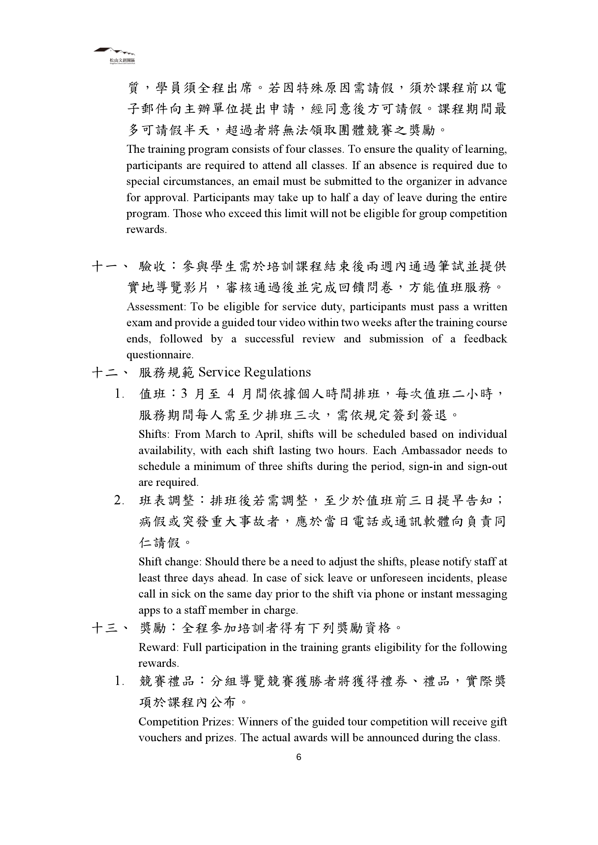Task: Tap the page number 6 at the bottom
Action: pyautogui.click(x=299, y=757)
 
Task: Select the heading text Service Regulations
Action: pyautogui.click(x=255, y=372)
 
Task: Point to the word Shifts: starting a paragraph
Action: pyautogui.click(x=154, y=434)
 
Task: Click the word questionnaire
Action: pyautogui.click(x=160, y=355)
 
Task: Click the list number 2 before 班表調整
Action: pyautogui.click(x=118, y=500)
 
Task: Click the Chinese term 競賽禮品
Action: pyautogui.click(x=166, y=681)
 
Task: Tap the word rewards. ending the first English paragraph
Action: pyautogui.click(x=146, y=229)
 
